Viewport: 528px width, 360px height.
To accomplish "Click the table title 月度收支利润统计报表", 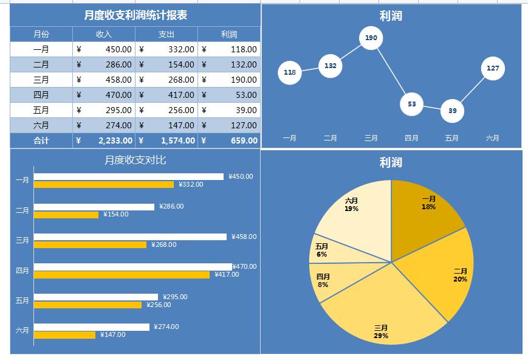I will point(135,15).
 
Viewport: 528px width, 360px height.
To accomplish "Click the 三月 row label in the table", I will point(41,80).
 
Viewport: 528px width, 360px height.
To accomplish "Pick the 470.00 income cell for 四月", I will point(104,95).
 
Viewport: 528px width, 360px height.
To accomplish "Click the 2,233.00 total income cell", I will point(104,140).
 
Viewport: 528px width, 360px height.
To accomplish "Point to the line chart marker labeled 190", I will point(371,38).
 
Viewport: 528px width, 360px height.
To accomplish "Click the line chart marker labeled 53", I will point(411,104).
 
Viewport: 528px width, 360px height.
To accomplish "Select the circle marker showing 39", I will point(452,111).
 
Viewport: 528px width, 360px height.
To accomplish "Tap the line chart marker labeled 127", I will point(493,68).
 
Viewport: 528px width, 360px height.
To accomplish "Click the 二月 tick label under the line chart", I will point(331,138).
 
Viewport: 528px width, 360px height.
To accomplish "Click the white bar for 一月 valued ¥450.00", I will point(129,177).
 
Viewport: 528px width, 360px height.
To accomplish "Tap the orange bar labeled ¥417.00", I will point(122,275).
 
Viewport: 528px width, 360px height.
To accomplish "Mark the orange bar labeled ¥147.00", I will point(65,334).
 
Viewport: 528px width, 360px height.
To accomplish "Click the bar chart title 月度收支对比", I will point(135,160).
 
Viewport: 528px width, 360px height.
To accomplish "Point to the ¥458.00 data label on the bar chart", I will point(244,237).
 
